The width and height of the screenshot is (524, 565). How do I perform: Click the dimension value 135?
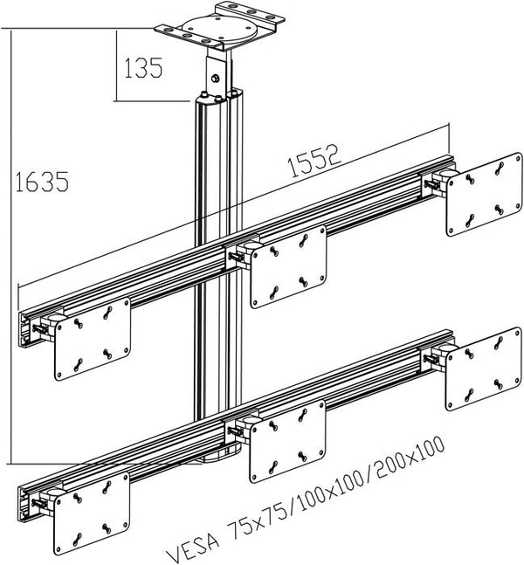[x=143, y=68]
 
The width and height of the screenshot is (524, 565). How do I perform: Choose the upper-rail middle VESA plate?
[x=288, y=265]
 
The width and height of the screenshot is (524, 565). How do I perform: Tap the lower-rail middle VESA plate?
[x=287, y=441]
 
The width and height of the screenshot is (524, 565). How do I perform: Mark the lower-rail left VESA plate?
[x=92, y=515]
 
